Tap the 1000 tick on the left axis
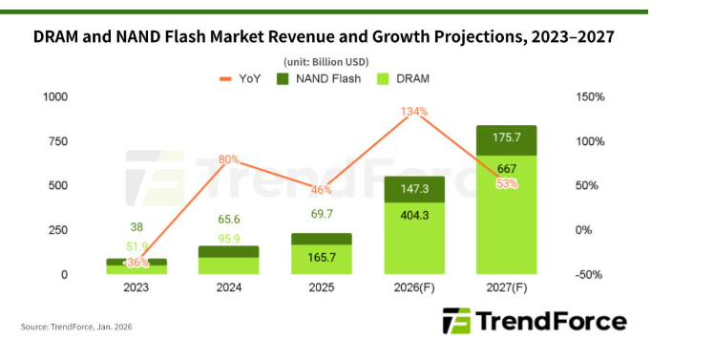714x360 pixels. click(x=54, y=97)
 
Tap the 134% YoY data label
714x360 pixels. click(x=414, y=112)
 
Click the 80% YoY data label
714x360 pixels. click(x=228, y=159)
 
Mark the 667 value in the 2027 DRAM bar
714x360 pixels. click(x=507, y=168)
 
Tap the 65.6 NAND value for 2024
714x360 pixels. click(x=227, y=219)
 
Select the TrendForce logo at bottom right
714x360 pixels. click(x=535, y=321)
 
